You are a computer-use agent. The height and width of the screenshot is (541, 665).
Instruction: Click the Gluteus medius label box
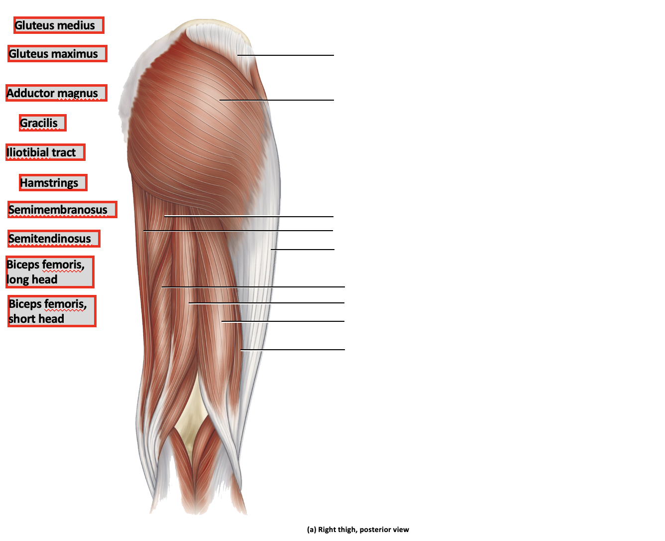[x=59, y=25]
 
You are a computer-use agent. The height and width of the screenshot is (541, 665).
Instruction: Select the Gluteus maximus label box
[x=57, y=54]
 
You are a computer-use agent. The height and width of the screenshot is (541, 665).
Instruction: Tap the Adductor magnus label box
[x=56, y=93]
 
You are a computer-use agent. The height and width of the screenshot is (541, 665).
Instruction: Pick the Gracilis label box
[x=42, y=123]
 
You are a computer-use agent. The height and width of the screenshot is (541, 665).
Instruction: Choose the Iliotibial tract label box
[x=45, y=152]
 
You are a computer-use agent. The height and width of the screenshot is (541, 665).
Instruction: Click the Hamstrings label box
[x=53, y=183]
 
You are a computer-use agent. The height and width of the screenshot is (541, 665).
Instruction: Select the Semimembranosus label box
[x=62, y=210]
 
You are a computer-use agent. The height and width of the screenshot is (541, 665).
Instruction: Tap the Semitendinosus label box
[x=54, y=239]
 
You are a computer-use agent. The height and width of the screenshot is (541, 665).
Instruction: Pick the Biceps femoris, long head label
[x=49, y=272]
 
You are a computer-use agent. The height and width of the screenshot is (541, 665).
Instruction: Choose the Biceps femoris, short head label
[x=52, y=311]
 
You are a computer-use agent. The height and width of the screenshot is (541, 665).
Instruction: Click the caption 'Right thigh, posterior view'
[x=358, y=530]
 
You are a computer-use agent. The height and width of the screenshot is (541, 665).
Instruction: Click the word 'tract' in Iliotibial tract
[x=64, y=152]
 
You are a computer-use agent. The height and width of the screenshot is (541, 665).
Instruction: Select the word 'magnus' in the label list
[x=78, y=93]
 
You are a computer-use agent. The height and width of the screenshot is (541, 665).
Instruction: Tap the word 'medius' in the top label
[x=77, y=25]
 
